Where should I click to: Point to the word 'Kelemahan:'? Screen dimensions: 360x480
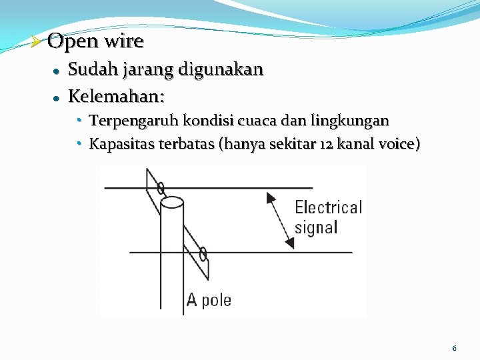(x=116, y=97)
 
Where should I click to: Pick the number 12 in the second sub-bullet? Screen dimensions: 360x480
(x=326, y=144)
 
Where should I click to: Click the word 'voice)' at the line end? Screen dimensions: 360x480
(x=398, y=144)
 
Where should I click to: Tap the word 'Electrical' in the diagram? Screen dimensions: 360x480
(x=328, y=207)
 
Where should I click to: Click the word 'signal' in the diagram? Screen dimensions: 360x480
(x=316, y=227)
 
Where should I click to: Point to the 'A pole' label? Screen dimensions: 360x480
(x=209, y=301)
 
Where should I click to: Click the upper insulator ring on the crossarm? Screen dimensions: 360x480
(x=161, y=188)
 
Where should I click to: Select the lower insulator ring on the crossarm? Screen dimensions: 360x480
(x=203, y=253)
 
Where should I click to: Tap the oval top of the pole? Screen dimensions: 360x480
(x=172, y=201)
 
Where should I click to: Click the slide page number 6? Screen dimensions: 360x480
(x=454, y=348)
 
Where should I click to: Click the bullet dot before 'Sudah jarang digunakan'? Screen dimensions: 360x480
(x=57, y=71)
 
